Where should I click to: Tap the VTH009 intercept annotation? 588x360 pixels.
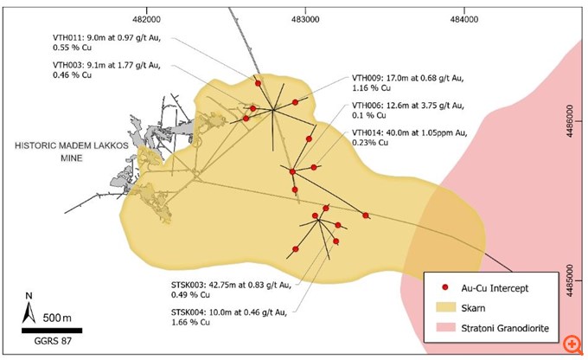396,82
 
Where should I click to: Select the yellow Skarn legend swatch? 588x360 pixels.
444,306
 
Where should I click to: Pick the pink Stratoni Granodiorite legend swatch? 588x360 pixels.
444,326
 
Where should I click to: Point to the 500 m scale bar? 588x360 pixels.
52,330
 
